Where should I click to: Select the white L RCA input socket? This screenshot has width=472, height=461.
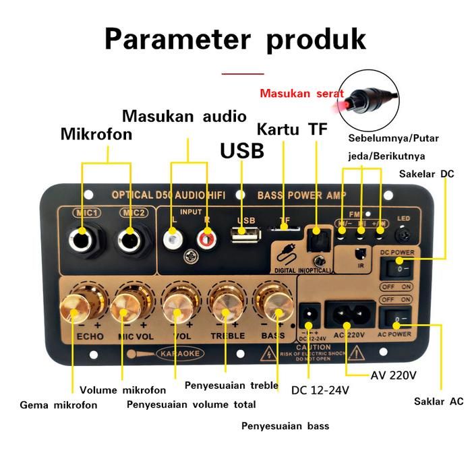click(x=175, y=237)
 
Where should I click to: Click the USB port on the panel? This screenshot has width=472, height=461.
click(x=246, y=237)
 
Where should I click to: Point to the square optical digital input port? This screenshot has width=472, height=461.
click(x=315, y=236)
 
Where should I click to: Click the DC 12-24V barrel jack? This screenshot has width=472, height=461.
click(x=309, y=313)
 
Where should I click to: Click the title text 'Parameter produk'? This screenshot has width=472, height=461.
click(x=235, y=38)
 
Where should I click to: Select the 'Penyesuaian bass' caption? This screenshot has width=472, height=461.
click(x=285, y=426)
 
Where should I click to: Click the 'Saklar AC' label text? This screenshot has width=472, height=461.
click(x=438, y=402)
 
